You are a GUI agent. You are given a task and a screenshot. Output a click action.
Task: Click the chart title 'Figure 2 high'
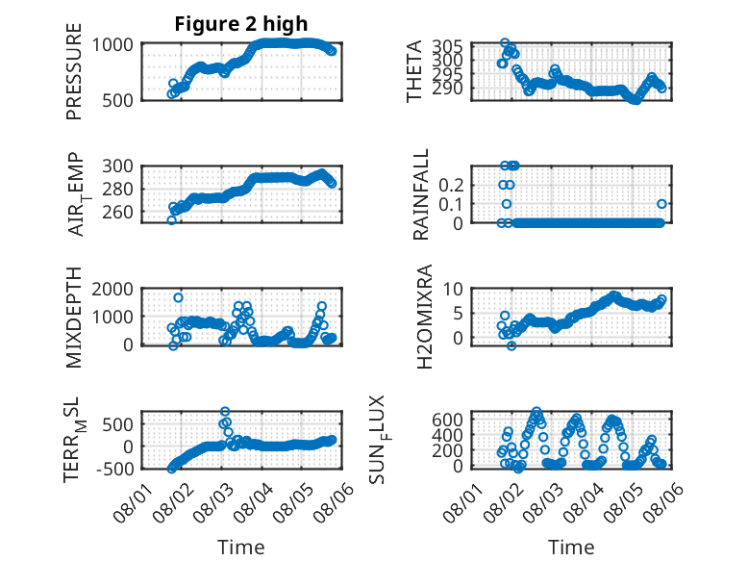[x=241, y=24]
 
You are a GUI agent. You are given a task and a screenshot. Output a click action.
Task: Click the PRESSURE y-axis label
[x=74, y=71]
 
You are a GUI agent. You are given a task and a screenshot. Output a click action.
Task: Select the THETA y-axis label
[x=414, y=71]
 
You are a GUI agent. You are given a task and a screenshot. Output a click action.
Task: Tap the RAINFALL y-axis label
[x=421, y=194]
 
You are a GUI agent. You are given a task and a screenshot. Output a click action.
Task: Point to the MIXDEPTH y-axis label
[x=74, y=318]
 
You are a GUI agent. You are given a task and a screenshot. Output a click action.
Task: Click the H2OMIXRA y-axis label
[x=424, y=317]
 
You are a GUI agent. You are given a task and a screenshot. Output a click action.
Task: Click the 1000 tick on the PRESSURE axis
[x=112, y=45]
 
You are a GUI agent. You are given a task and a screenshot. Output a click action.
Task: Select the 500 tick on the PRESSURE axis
[x=118, y=100]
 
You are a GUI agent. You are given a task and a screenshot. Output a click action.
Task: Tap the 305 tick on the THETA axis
[x=447, y=47]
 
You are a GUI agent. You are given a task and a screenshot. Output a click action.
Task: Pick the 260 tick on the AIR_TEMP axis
[x=118, y=212]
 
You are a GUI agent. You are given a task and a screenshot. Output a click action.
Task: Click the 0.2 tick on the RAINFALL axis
[x=451, y=186]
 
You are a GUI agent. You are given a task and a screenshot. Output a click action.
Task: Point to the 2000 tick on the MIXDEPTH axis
[x=112, y=289]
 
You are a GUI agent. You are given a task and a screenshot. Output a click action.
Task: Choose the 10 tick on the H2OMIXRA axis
[x=453, y=289]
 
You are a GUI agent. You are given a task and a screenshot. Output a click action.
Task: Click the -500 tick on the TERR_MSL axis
[x=115, y=469]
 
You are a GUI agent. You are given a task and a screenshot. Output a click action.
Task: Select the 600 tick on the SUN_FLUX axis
[x=447, y=420]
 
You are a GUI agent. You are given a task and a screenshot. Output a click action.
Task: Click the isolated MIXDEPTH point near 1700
[x=178, y=297]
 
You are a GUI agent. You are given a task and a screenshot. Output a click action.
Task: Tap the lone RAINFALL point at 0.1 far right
[x=661, y=204]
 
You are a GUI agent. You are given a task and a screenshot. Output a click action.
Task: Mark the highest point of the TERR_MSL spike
[x=225, y=411]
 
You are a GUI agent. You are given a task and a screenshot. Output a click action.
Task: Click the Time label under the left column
[x=241, y=547]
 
